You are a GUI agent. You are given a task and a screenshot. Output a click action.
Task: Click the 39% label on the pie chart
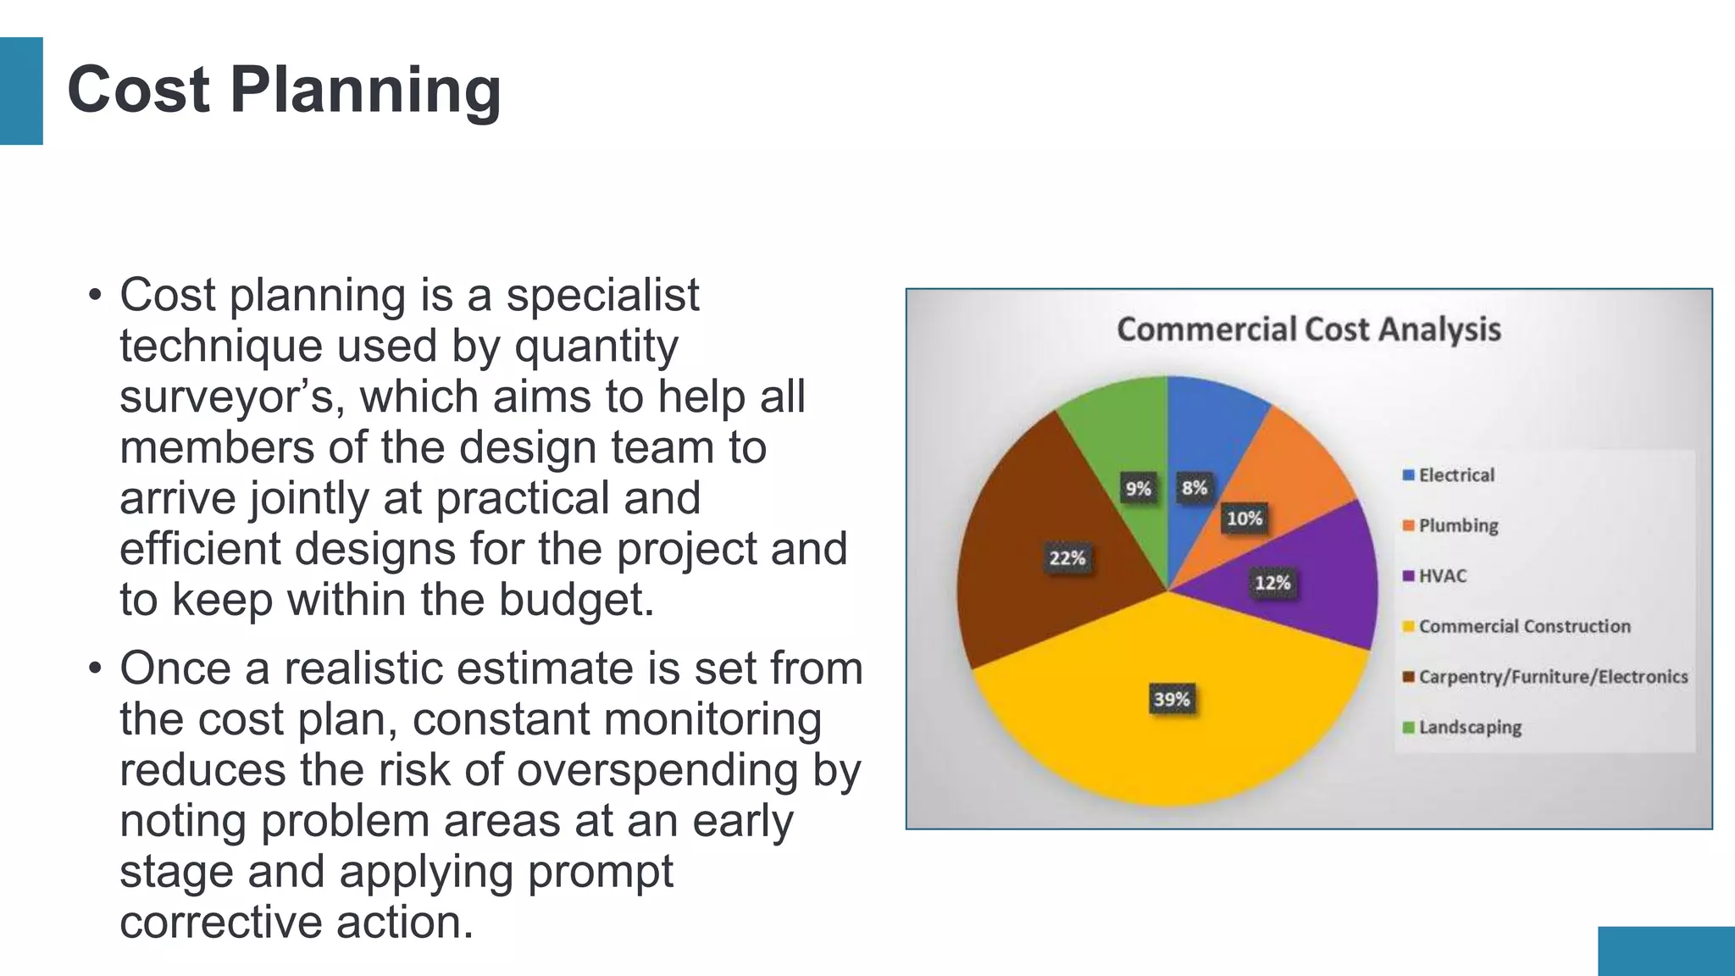coord(1172,699)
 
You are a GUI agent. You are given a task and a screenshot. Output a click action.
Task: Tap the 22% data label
coord(1067,557)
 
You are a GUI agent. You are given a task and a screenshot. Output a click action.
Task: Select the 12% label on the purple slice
coord(1272,583)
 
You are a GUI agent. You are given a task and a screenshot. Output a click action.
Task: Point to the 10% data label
coord(1244,518)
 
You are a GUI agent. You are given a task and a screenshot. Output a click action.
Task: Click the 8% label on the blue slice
coord(1195,488)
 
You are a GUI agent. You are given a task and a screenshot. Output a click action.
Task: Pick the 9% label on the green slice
coord(1138,489)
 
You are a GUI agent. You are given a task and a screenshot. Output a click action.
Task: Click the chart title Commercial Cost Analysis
coord(1308,329)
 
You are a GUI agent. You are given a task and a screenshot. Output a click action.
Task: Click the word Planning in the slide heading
coord(365,90)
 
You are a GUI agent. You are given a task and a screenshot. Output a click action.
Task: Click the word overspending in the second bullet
coord(657,770)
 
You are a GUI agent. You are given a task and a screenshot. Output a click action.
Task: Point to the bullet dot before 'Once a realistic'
coord(95,669)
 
